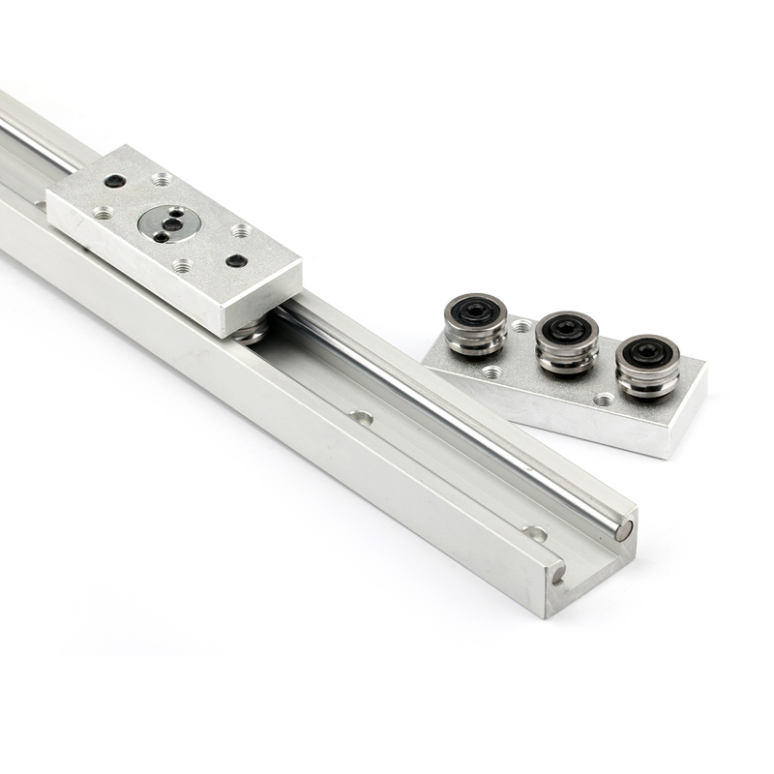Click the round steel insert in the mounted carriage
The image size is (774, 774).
coord(169,223)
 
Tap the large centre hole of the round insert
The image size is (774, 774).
coord(172,223)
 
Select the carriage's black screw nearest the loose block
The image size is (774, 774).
coord(236,260)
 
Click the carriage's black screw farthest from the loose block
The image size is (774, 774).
coord(114,181)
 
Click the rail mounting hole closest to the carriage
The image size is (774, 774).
coord(362,418)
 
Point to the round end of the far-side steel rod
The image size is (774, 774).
coord(624,530)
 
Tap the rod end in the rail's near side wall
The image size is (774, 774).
coord(558,572)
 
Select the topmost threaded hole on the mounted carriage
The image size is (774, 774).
coord(162,179)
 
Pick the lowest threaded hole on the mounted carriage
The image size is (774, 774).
coord(182,265)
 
